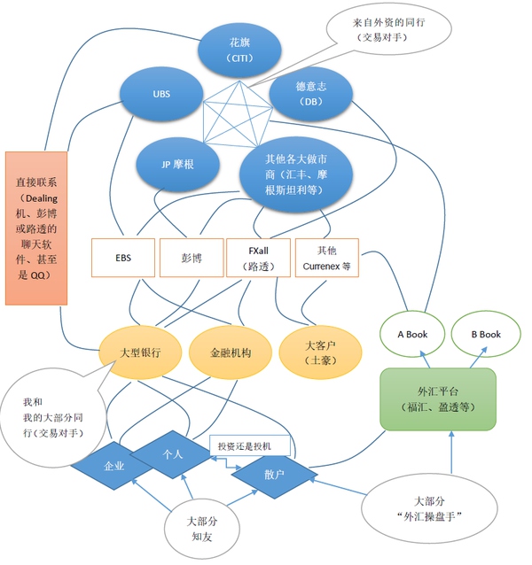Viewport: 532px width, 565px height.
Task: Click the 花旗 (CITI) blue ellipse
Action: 239,50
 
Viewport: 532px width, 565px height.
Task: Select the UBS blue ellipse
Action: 161,94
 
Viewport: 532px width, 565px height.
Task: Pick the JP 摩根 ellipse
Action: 178,165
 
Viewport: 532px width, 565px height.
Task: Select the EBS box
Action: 123,259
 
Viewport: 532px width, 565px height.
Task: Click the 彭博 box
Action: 192,259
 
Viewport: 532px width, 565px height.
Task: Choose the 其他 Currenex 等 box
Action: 325,259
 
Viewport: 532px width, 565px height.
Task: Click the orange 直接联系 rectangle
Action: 36,228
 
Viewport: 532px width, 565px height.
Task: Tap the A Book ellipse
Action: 413,335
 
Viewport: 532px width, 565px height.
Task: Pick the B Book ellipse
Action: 485,335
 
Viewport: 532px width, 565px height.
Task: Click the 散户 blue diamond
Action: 272,474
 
